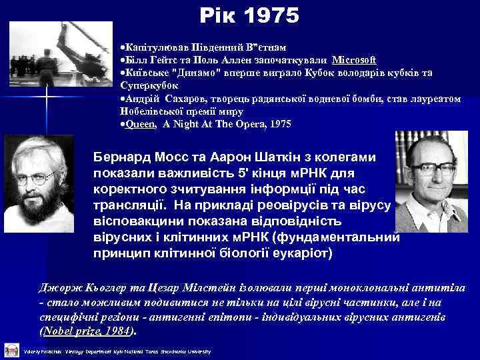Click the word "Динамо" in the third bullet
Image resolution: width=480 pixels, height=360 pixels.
click(192, 73)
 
